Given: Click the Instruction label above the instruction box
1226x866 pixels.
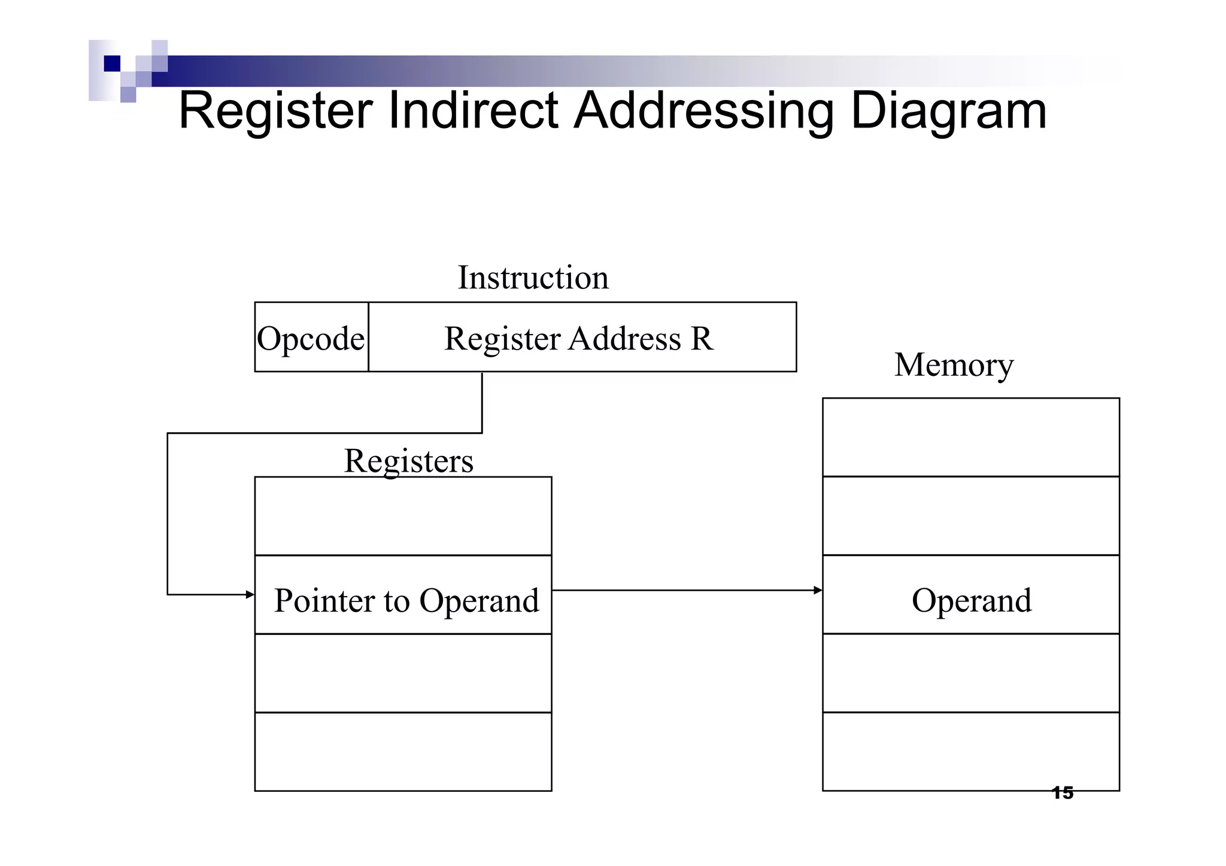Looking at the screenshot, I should tap(533, 278).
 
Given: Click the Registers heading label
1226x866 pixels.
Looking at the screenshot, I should tap(408, 461).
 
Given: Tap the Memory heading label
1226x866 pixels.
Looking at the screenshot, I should tap(954, 365).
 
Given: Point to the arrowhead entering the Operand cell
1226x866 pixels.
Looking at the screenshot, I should tap(818, 591).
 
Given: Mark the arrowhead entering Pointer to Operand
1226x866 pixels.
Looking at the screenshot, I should tap(250, 594).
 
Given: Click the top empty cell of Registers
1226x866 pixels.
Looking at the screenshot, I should tap(403, 516).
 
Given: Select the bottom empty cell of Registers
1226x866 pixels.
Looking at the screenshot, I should tap(403, 752).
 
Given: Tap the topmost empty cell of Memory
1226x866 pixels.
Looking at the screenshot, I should tap(970, 437).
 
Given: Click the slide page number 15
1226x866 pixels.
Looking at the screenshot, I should tap(1063, 794).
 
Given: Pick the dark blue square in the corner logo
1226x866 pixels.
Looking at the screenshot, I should tap(112, 63).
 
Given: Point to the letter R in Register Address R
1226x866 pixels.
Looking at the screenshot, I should tap(702, 339).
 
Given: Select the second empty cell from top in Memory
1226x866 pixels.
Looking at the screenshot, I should tap(970, 516).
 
